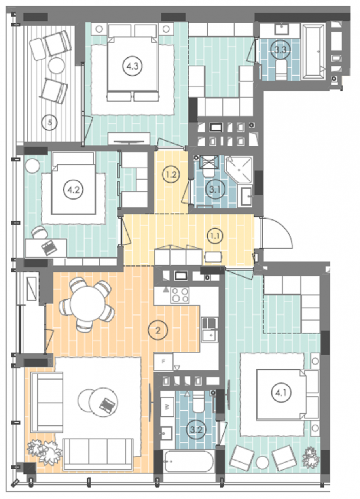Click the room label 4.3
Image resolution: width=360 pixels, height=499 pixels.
(x=133, y=66)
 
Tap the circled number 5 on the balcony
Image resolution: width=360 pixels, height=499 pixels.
(x=50, y=122)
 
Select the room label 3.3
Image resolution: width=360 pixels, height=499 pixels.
(x=280, y=49)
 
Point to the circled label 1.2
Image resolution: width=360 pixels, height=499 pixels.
(x=171, y=174)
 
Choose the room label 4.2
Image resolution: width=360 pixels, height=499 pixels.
(x=74, y=190)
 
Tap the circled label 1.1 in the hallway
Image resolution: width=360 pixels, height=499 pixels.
(x=215, y=236)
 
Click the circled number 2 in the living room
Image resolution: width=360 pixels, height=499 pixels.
(x=158, y=330)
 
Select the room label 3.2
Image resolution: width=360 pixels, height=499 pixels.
(x=196, y=429)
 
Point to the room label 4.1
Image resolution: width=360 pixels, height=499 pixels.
(x=281, y=393)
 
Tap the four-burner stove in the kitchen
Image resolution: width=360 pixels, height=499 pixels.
(x=180, y=295)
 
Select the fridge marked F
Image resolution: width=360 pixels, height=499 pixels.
(x=163, y=362)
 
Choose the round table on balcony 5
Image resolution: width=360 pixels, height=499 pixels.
(x=57, y=66)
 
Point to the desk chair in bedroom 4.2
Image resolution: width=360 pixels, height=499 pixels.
(x=40, y=232)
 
